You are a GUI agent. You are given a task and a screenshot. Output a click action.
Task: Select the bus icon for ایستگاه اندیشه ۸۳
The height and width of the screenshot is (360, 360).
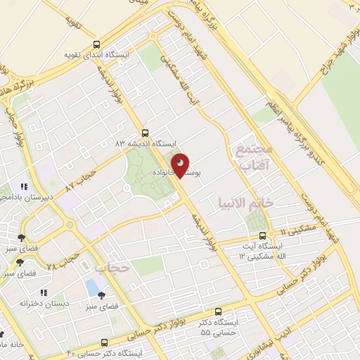(x=145, y=131)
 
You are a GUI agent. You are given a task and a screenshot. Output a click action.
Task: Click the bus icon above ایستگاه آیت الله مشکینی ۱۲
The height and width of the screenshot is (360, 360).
(x=262, y=236)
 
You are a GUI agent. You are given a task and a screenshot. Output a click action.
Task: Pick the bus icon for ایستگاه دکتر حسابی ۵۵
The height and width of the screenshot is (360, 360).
(x=219, y=311)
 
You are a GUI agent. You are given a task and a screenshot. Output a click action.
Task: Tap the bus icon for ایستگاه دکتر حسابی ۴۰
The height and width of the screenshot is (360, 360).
(x=104, y=342)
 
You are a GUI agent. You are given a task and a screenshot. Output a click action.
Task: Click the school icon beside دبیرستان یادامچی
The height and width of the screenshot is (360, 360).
(x=23, y=187)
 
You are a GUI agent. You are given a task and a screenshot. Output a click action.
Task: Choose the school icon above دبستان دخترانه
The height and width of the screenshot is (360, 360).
(x=43, y=292)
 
